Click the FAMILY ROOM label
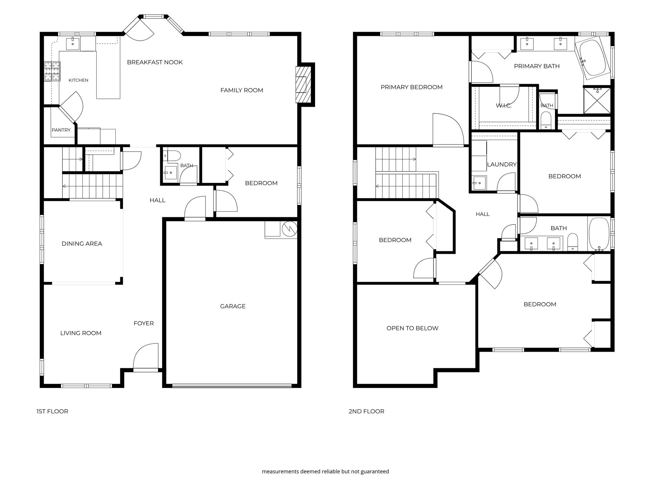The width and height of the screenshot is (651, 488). coord(242,90)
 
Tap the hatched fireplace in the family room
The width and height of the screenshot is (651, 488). coord(303,85)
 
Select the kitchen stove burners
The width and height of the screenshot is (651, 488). coord(52,71)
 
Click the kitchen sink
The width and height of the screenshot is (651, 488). coord(73,44)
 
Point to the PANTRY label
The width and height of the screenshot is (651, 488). coord(61,130)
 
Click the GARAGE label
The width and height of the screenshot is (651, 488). coord(233,306)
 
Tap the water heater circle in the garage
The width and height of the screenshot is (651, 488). coord(289,228)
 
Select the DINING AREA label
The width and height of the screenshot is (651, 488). coord(82,244)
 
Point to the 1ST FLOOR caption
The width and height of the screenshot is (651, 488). coord(52,411)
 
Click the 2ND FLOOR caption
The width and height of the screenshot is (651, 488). coord(367,411)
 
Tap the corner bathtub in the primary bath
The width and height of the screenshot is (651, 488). coord(593,58)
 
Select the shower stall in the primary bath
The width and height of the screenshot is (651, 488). coord(597,100)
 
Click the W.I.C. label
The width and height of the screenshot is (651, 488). coord(504,105)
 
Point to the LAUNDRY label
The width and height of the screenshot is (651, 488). coord(502,164)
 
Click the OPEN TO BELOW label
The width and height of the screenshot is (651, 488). coord(412,328)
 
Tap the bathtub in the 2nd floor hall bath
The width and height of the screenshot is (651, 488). coord(599,234)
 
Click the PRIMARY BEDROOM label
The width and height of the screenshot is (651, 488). coord(411,87)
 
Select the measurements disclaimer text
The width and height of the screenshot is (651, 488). coord(325,471)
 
